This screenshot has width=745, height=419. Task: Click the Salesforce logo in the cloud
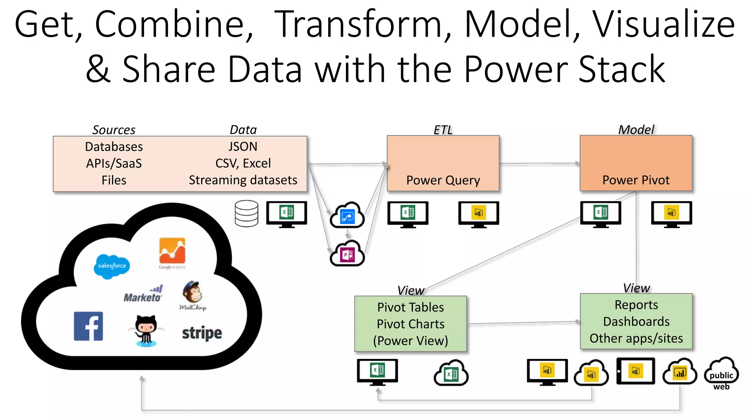coord(112,266)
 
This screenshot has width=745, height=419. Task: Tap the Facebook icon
coord(88,326)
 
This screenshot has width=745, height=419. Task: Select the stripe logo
coord(202,333)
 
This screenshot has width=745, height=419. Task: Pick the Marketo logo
coord(143,295)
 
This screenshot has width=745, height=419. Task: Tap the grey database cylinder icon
coord(246,214)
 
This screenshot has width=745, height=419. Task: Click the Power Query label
coord(443,180)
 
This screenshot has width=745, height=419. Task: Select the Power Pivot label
coord(636,180)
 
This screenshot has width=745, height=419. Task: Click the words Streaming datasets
coord(243,180)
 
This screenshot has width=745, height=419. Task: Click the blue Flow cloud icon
coord(347,216)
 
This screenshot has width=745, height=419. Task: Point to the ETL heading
coord(443,130)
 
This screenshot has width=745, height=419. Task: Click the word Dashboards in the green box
coord(636,322)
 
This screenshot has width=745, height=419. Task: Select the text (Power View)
coord(410,341)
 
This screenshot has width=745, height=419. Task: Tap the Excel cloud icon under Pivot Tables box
coord(451,373)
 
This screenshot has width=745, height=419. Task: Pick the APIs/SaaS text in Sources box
coord(114,163)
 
